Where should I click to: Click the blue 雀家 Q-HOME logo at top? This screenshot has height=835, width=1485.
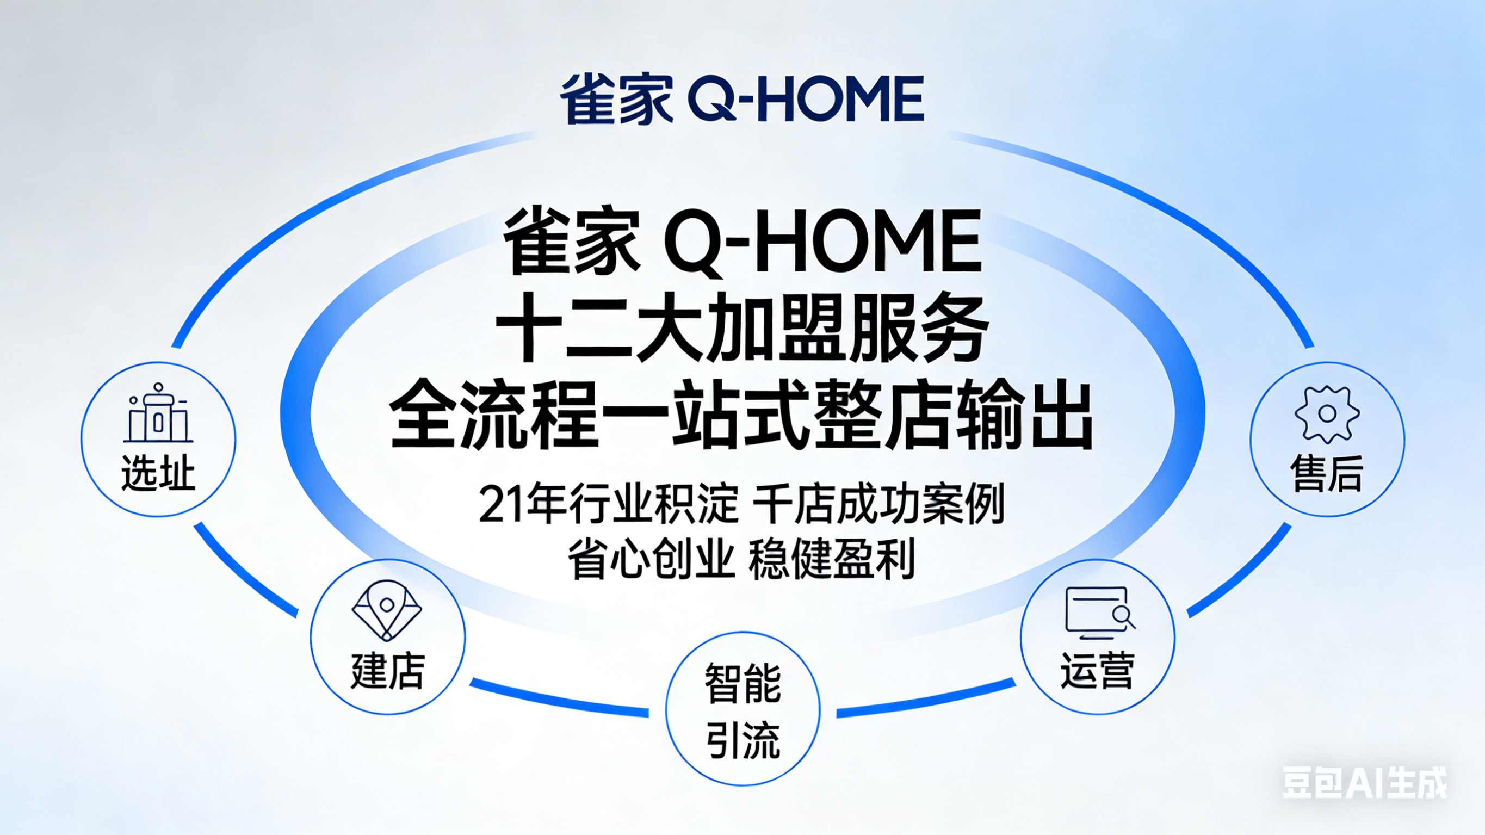click(742, 99)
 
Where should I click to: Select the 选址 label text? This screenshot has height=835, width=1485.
click(158, 473)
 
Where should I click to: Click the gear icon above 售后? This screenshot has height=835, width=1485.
click(1327, 414)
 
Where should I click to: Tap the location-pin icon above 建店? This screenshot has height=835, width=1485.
click(387, 611)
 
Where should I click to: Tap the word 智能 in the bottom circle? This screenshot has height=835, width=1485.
click(743, 683)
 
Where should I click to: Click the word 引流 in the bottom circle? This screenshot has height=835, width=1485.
click(743, 740)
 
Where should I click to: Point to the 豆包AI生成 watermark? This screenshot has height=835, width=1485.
click(1365, 782)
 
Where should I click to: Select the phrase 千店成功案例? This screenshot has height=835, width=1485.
click(879, 504)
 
